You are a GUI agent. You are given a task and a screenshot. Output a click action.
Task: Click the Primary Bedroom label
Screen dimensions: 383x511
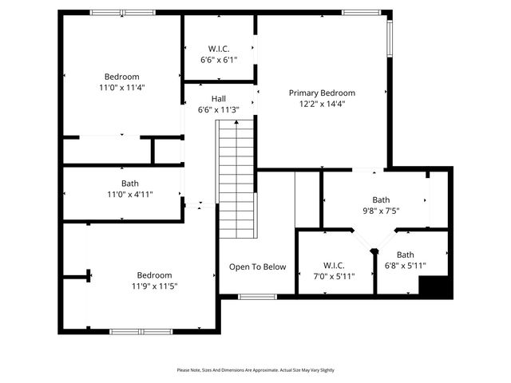click(322, 93)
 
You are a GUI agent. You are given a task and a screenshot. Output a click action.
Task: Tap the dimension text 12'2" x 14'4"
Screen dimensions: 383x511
click(322, 104)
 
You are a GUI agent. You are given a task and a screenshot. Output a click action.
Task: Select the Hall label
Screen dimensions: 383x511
click(218, 99)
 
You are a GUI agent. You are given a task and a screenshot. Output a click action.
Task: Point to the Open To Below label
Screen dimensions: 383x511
click(257, 267)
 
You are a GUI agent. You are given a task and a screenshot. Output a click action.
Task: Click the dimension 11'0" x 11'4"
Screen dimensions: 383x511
click(121, 88)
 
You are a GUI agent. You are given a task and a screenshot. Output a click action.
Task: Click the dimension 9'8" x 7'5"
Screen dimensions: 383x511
click(381, 211)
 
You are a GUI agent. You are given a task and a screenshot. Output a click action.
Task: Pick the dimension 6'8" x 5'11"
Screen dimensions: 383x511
click(406, 266)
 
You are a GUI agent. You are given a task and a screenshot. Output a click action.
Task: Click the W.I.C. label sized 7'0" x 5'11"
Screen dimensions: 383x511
click(334, 265)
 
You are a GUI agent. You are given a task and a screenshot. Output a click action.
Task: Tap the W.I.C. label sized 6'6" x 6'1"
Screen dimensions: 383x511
click(218, 48)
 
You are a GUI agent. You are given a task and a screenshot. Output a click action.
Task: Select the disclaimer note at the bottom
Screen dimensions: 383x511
click(255, 370)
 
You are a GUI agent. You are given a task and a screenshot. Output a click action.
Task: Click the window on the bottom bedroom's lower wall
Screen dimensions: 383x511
click(141, 331)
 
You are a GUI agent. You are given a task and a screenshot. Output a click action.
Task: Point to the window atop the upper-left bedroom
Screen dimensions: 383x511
click(122, 13)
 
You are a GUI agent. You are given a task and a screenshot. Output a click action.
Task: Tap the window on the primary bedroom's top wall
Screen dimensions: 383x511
click(362, 13)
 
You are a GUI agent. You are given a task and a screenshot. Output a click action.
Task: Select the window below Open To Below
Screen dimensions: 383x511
click(257, 297)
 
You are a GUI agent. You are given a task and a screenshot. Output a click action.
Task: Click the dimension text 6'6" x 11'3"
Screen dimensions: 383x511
click(218, 110)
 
